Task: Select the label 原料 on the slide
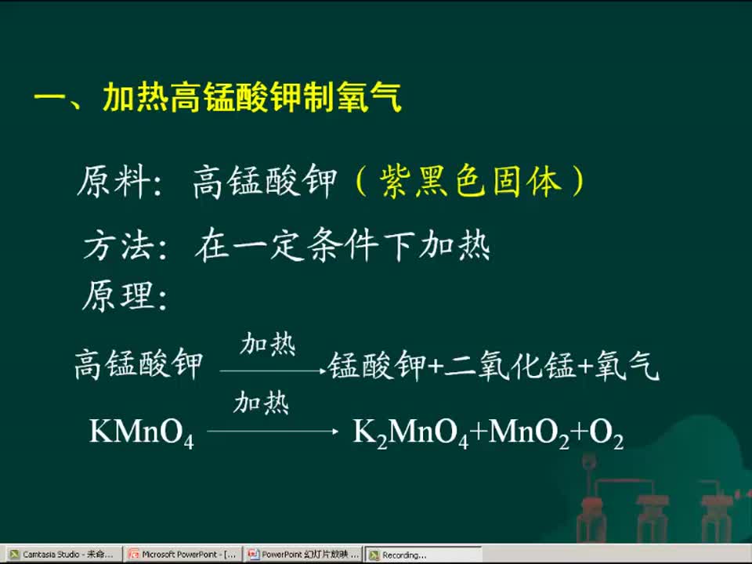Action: tap(114, 182)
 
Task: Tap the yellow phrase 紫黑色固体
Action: tap(470, 182)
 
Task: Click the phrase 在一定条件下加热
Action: tap(342, 244)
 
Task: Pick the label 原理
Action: tap(118, 296)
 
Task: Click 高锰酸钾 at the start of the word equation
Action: tap(139, 364)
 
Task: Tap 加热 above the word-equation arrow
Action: tap(268, 344)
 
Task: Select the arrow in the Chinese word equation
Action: tap(273, 371)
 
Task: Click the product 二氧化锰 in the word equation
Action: tap(510, 366)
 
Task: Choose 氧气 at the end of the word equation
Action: tap(627, 366)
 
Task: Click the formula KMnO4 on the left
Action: tap(142, 432)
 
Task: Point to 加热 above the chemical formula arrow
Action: tap(262, 402)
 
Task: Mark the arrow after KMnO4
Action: tap(273, 432)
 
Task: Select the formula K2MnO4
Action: tap(410, 432)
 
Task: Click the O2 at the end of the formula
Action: tap(606, 432)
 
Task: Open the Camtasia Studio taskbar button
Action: tap(62, 555)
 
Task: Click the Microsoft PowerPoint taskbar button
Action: tap(183, 555)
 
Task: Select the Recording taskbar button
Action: tap(423, 555)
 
